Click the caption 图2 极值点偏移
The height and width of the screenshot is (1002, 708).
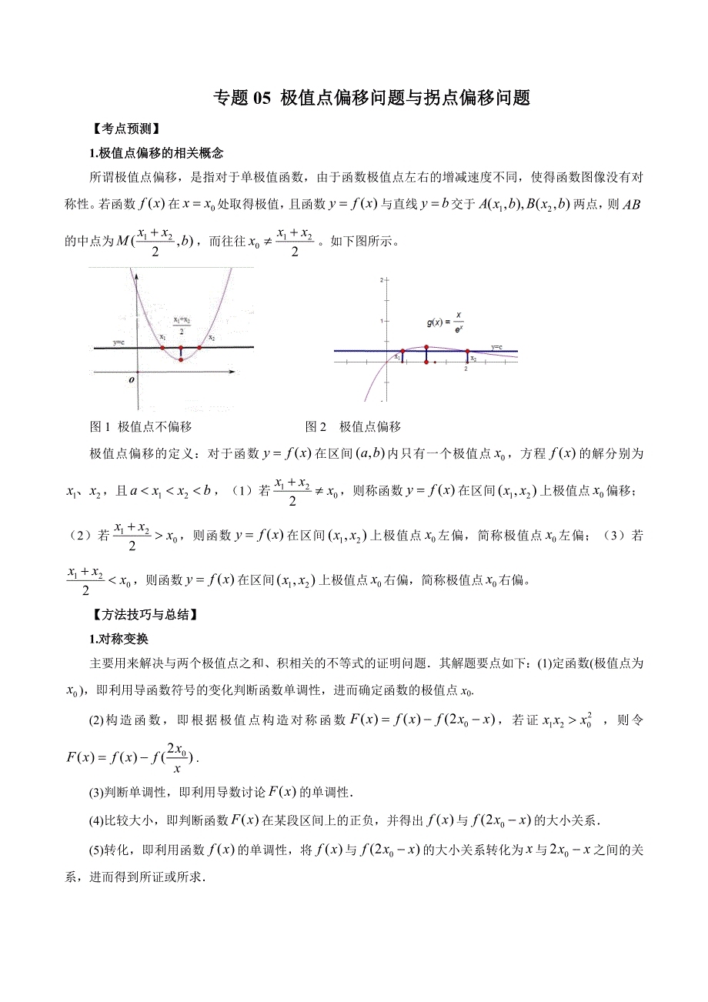(x=353, y=426)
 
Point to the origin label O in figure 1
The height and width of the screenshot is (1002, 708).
(x=132, y=379)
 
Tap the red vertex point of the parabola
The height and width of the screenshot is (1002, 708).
(x=181, y=359)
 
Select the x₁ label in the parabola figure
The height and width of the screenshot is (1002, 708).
(x=162, y=336)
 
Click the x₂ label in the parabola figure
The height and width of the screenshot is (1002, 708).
(x=211, y=337)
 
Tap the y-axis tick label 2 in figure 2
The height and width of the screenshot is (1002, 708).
(x=381, y=282)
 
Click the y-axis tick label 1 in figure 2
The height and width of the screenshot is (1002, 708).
(x=381, y=319)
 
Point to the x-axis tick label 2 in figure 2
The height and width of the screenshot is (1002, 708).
(x=466, y=369)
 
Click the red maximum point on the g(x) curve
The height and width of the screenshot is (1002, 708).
(x=426, y=347)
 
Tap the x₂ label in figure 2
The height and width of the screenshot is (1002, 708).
(x=473, y=359)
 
